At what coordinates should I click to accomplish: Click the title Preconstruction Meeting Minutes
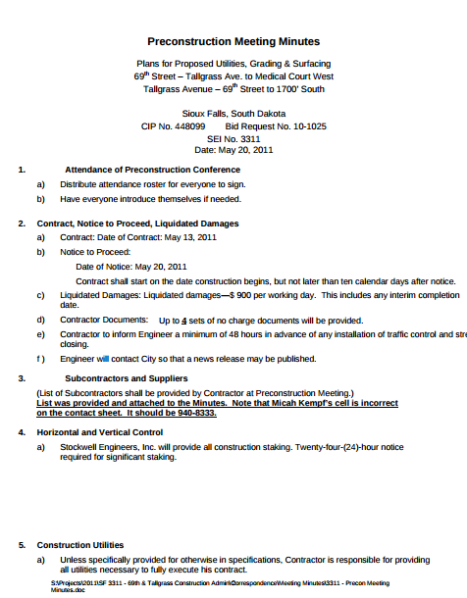pos(233,42)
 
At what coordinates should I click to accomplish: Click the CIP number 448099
pos(186,126)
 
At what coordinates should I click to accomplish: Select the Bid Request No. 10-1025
pos(276,126)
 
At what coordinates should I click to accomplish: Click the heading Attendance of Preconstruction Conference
pos(151,170)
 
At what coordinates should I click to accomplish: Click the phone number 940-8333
pos(195,413)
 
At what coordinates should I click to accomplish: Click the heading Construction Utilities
pos(80,545)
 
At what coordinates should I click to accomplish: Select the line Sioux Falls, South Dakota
pos(233,114)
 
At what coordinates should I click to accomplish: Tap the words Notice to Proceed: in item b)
pos(88,252)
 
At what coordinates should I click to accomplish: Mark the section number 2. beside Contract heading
pos(22,224)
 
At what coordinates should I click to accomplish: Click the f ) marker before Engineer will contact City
pos(41,359)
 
